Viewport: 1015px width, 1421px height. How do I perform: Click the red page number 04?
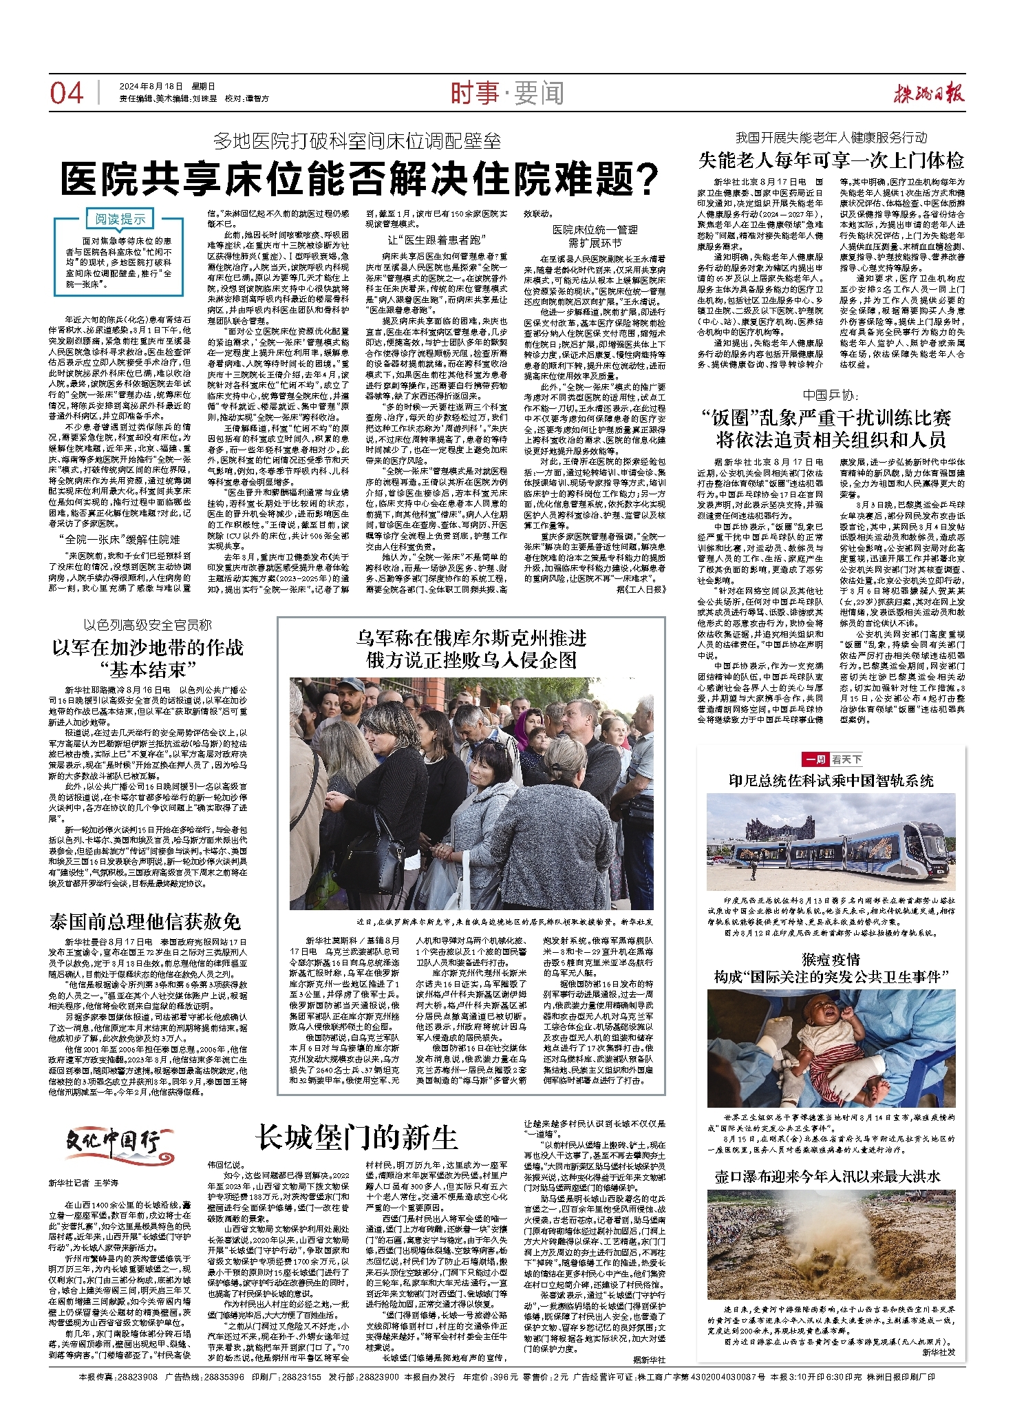pos(67,93)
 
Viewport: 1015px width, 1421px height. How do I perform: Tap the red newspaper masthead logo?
pos(929,93)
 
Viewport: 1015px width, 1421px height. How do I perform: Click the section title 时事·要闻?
pos(506,93)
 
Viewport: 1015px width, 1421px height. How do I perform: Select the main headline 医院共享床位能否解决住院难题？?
pos(359,180)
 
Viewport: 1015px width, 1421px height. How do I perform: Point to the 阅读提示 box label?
pos(120,219)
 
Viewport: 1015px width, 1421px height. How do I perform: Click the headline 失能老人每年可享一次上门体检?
pos(831,161)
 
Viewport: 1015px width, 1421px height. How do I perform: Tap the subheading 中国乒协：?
pos(831,394)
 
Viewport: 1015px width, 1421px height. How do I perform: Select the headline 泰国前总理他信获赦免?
pos(145,921)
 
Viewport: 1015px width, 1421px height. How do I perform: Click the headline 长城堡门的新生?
pos(356,1137)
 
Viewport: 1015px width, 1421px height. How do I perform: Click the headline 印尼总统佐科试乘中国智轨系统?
pos(831,781)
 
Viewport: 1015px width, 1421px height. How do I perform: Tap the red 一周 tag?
pos(815,759)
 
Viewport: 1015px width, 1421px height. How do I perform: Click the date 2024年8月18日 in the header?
pos(151,86)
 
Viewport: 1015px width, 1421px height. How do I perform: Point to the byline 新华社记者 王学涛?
pos(83,1183)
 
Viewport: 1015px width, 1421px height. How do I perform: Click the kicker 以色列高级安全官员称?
pos(148,625)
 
